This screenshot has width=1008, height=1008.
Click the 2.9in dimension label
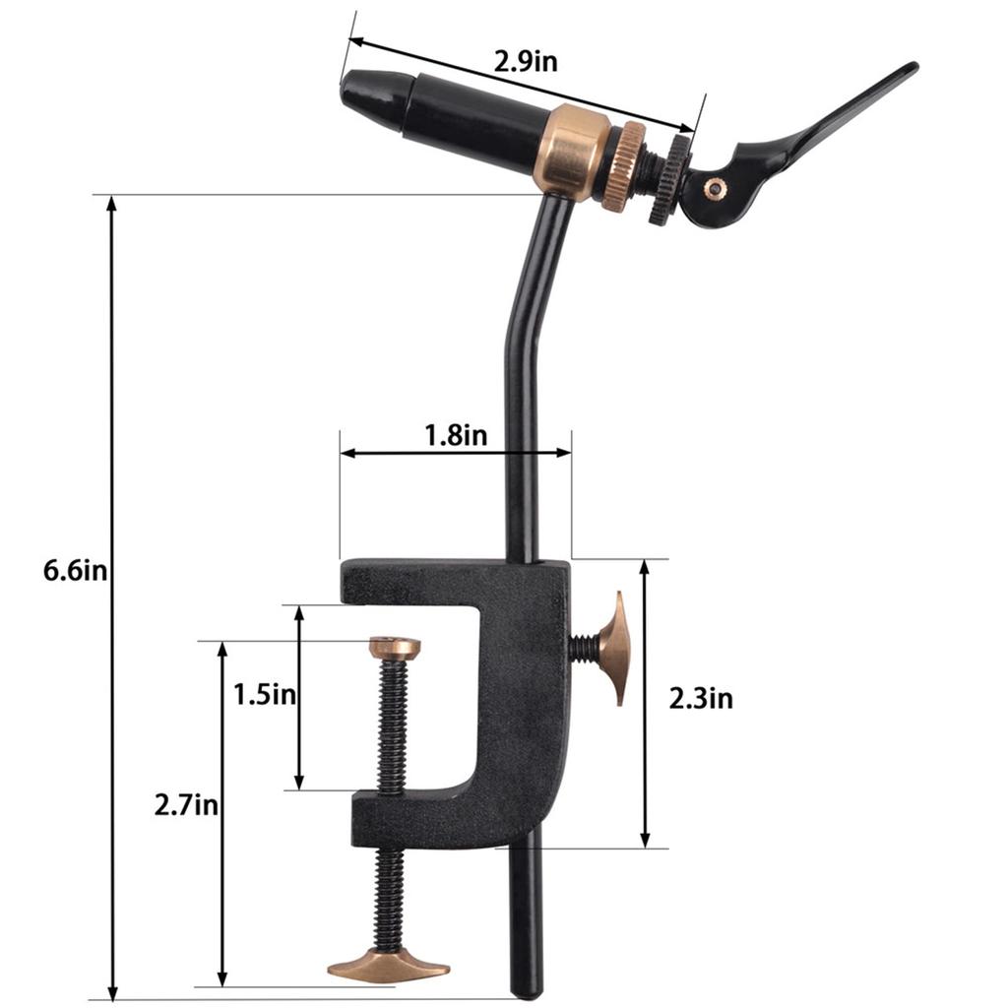pyautogui.click(x=527, y=61)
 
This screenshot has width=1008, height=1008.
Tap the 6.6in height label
pyautogui.click(x=75, y=571)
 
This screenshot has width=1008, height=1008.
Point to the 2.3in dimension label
pyautogui.click(x=701, y=699)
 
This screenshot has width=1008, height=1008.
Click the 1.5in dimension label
pyautogui.click(x=265, y=694)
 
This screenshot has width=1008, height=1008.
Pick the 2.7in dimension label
pyautogui.click(x=186, y=805)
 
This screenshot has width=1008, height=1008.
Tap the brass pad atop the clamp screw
pyautogui.click(x=395, y=647)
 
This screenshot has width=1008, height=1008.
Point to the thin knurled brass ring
pyautogui.click(x=622, y=166)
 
